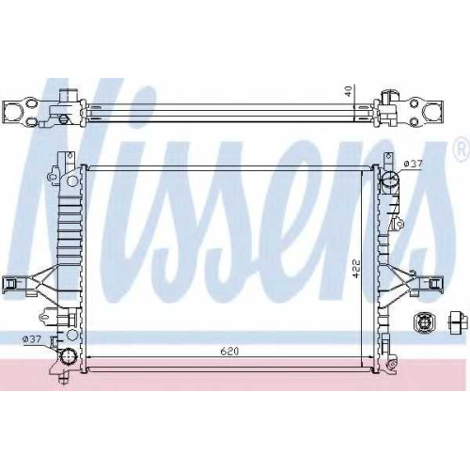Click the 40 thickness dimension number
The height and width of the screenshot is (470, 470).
click(351, 90)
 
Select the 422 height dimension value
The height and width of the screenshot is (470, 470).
click(356, 268)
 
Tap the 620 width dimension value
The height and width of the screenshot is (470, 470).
click(229, 352)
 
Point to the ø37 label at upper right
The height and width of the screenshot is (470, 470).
click(414, 164)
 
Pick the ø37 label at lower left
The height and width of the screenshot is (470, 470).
click(32, 338)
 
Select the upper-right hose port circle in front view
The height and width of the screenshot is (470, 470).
click(389, 180)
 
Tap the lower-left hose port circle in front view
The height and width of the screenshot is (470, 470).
click(68, 356)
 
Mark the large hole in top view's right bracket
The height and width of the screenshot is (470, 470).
click(433, 110)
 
